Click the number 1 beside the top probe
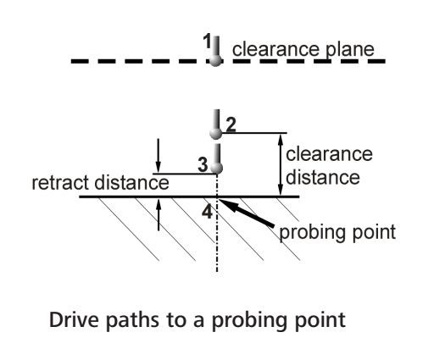click(x=208, y=42)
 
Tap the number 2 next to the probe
click(x=231, y=125)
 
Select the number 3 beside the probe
click(x=203, y=164)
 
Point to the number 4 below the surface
click(x=208, y=212)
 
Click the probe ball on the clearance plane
click(x=215, y=60)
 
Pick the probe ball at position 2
click(x=216, y=133)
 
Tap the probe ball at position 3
click(x=217, y=168)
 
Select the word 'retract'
click(x=61, y=183)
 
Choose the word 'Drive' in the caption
click(x=74, y=319)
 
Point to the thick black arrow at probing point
click(x=247, y=213)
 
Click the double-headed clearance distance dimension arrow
click(x=281, y=164)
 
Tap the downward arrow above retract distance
click(x=159, y=156)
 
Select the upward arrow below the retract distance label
click(x=159, y=215)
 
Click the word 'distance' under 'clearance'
click(x=323, y=178)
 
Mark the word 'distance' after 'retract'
click(x=131, y=183)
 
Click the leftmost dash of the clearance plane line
click(x=80, y=61)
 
